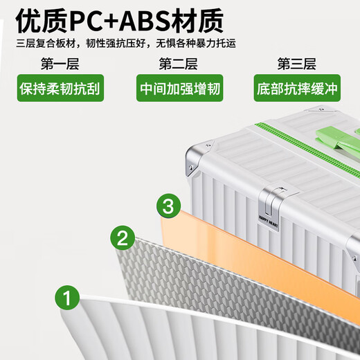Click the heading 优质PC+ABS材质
coord(120,21)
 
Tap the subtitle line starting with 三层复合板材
coord(126,44)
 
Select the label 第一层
coord(60,64)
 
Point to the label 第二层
coord(178,64)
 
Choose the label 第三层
coord(296,64)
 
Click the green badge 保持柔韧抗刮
coord(60,88)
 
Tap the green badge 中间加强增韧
coord(180,88)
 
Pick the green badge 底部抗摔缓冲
coord(297,88)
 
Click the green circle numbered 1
coord(67,298)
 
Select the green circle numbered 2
coord(123,237)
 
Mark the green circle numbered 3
coord(168,206)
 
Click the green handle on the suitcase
coord(337,141)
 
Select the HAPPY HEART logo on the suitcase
coord(269,222)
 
